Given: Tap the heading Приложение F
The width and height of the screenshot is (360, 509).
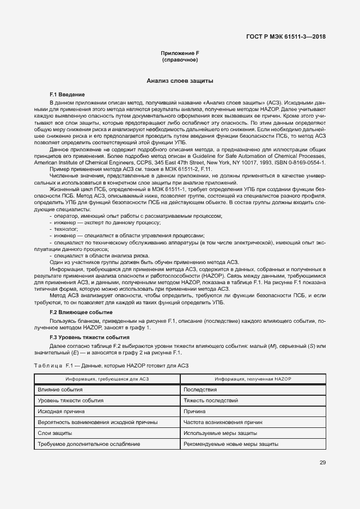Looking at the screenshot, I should [x=179, y=53].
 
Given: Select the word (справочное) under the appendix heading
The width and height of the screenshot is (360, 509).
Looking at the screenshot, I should [x=179, y=59].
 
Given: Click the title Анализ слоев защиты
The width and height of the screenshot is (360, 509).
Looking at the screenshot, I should [x=179, y=81].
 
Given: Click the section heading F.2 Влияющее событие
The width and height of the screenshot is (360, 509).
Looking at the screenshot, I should [x=81, y=312].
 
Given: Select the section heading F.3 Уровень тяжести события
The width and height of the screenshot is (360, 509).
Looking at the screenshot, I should [x=86, y=338].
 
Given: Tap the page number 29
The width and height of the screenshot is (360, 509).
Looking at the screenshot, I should [x=322, y=463].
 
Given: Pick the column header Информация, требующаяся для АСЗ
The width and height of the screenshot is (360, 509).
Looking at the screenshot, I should [x=107, y=378].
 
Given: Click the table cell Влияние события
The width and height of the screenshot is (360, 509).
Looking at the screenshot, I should [x=60, y=390].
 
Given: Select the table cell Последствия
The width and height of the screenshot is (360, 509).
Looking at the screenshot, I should [x=200, y=390].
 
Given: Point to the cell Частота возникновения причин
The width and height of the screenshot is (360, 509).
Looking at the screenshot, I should [x=223, y=422].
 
